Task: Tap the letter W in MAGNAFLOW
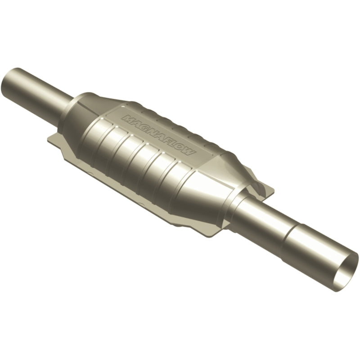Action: pyautogui.click(x=191, y=153)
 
